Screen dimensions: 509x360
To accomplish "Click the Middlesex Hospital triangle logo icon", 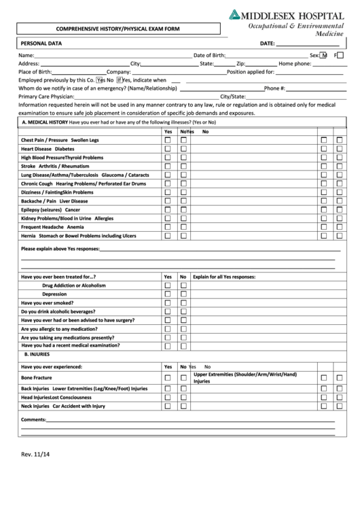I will point(235,14).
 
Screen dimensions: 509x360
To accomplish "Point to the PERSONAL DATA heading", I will point(41,43).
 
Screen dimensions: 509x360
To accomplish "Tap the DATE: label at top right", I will point(267,43).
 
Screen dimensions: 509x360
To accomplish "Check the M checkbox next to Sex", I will point(324,55).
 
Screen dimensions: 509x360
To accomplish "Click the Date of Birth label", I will point(209,55).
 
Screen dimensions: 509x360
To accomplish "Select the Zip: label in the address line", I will point(241,63).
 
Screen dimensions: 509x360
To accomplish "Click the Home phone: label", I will point(295,63).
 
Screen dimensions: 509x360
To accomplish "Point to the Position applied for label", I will point(251,71).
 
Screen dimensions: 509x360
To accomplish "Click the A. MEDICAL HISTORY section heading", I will point(46,122).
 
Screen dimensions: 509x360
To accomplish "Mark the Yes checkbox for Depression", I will point(167,294).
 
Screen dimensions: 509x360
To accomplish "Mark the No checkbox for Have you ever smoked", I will point(183,303).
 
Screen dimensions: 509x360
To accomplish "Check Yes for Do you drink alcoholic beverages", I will point(167,312).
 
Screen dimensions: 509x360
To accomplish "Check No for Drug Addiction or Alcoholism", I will point(183,286).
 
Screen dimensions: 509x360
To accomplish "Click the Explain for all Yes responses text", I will point(224,277).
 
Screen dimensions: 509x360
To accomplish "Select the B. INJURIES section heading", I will point(37,355).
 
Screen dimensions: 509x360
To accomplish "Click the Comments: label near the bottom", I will point(33,420).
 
